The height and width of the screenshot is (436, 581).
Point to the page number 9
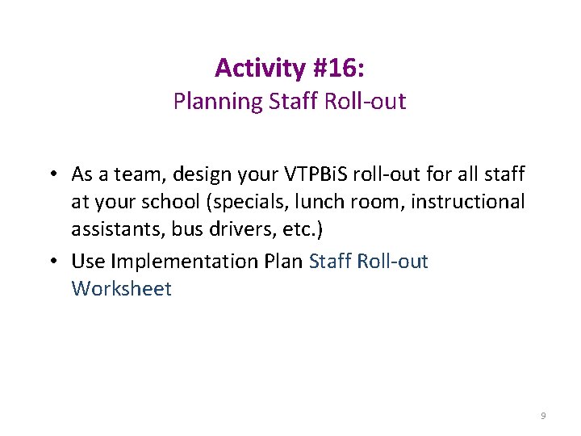click(543, 416)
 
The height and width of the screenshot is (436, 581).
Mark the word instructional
click(468, 203)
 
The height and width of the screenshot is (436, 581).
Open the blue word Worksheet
click(121, 289)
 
